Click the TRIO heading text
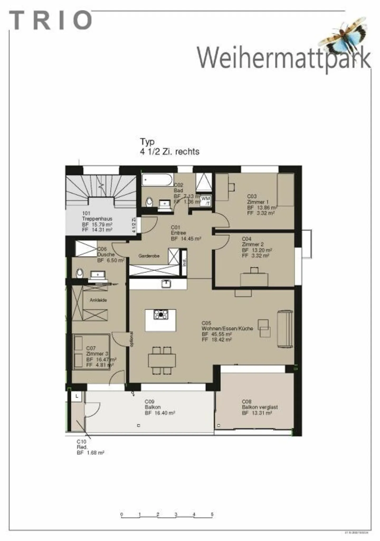point(50,20)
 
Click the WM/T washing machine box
point(206,201)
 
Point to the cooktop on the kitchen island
point(161,314)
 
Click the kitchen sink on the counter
point(166,284)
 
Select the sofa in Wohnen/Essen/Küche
point(285,329)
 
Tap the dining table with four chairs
point(162,360)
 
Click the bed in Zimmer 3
point(91,352)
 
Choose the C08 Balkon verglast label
point(259,407)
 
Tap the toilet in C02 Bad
point(149,202)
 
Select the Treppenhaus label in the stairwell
point(97,219)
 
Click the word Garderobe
point(149,256)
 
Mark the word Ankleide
point(98,300)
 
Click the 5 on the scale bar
point(212,514)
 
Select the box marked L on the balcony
point(77,396)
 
